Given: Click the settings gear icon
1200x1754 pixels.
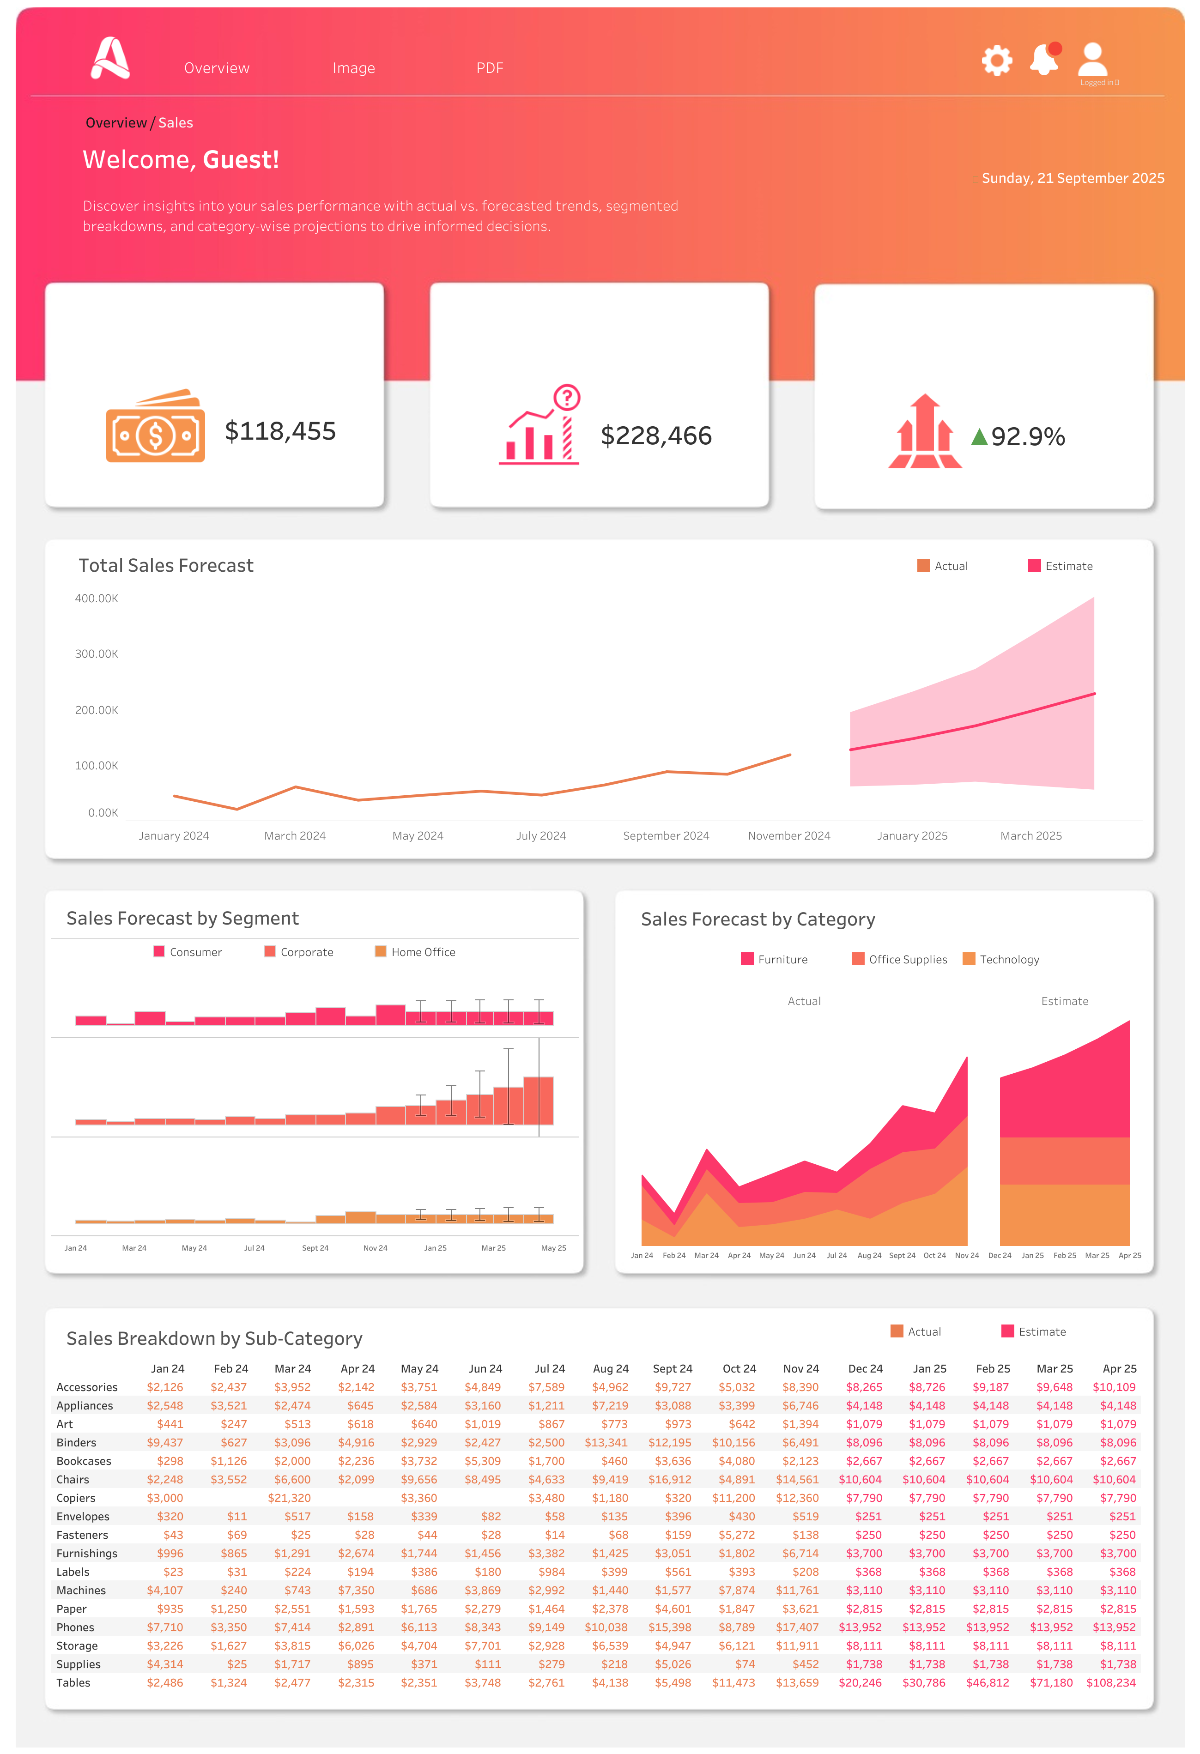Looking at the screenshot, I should point(996,60).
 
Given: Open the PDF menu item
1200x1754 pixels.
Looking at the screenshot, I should point(489,68).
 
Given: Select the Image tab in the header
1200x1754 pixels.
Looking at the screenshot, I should point(353,68).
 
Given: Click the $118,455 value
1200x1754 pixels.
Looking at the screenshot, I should point(280,431).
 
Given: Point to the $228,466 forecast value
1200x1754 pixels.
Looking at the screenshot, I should point(656,435).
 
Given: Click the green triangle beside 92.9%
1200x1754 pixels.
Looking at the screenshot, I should point(979,436).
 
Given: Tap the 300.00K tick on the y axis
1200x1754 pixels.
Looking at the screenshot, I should point(96,653).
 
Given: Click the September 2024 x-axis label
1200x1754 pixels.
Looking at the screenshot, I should point(666,835).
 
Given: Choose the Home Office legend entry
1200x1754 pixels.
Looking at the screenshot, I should point(415,952).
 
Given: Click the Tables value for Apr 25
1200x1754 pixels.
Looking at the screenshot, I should point(1110,1683).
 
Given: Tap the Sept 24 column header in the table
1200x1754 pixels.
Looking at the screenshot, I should point(672,1368).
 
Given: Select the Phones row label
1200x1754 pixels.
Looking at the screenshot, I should point(75,1627).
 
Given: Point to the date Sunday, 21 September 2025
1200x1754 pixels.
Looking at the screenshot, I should point(1073,178).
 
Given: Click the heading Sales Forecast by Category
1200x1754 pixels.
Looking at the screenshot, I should point(758,919).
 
